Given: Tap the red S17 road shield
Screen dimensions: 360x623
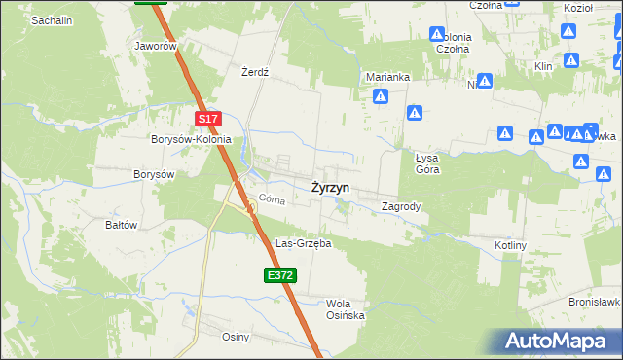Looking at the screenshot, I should click(208, 119).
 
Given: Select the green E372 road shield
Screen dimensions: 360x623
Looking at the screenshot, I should click(279, 276).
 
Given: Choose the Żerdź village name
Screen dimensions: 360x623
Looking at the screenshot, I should click(254, 72).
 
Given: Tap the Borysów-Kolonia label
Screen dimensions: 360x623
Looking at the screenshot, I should click(191, 139).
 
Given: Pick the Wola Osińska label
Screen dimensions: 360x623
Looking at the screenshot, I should click(345, 308).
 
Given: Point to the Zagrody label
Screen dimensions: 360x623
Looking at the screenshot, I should click(401, 206).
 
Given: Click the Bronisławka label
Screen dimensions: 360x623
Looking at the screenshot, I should click(595, 302).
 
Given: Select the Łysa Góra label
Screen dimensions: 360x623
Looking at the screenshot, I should click(428, 162).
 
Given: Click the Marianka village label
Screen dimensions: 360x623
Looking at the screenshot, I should click(387, 77).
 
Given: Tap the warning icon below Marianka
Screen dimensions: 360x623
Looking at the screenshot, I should click(382, 97).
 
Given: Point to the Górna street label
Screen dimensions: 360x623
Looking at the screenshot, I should click(271, 198).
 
